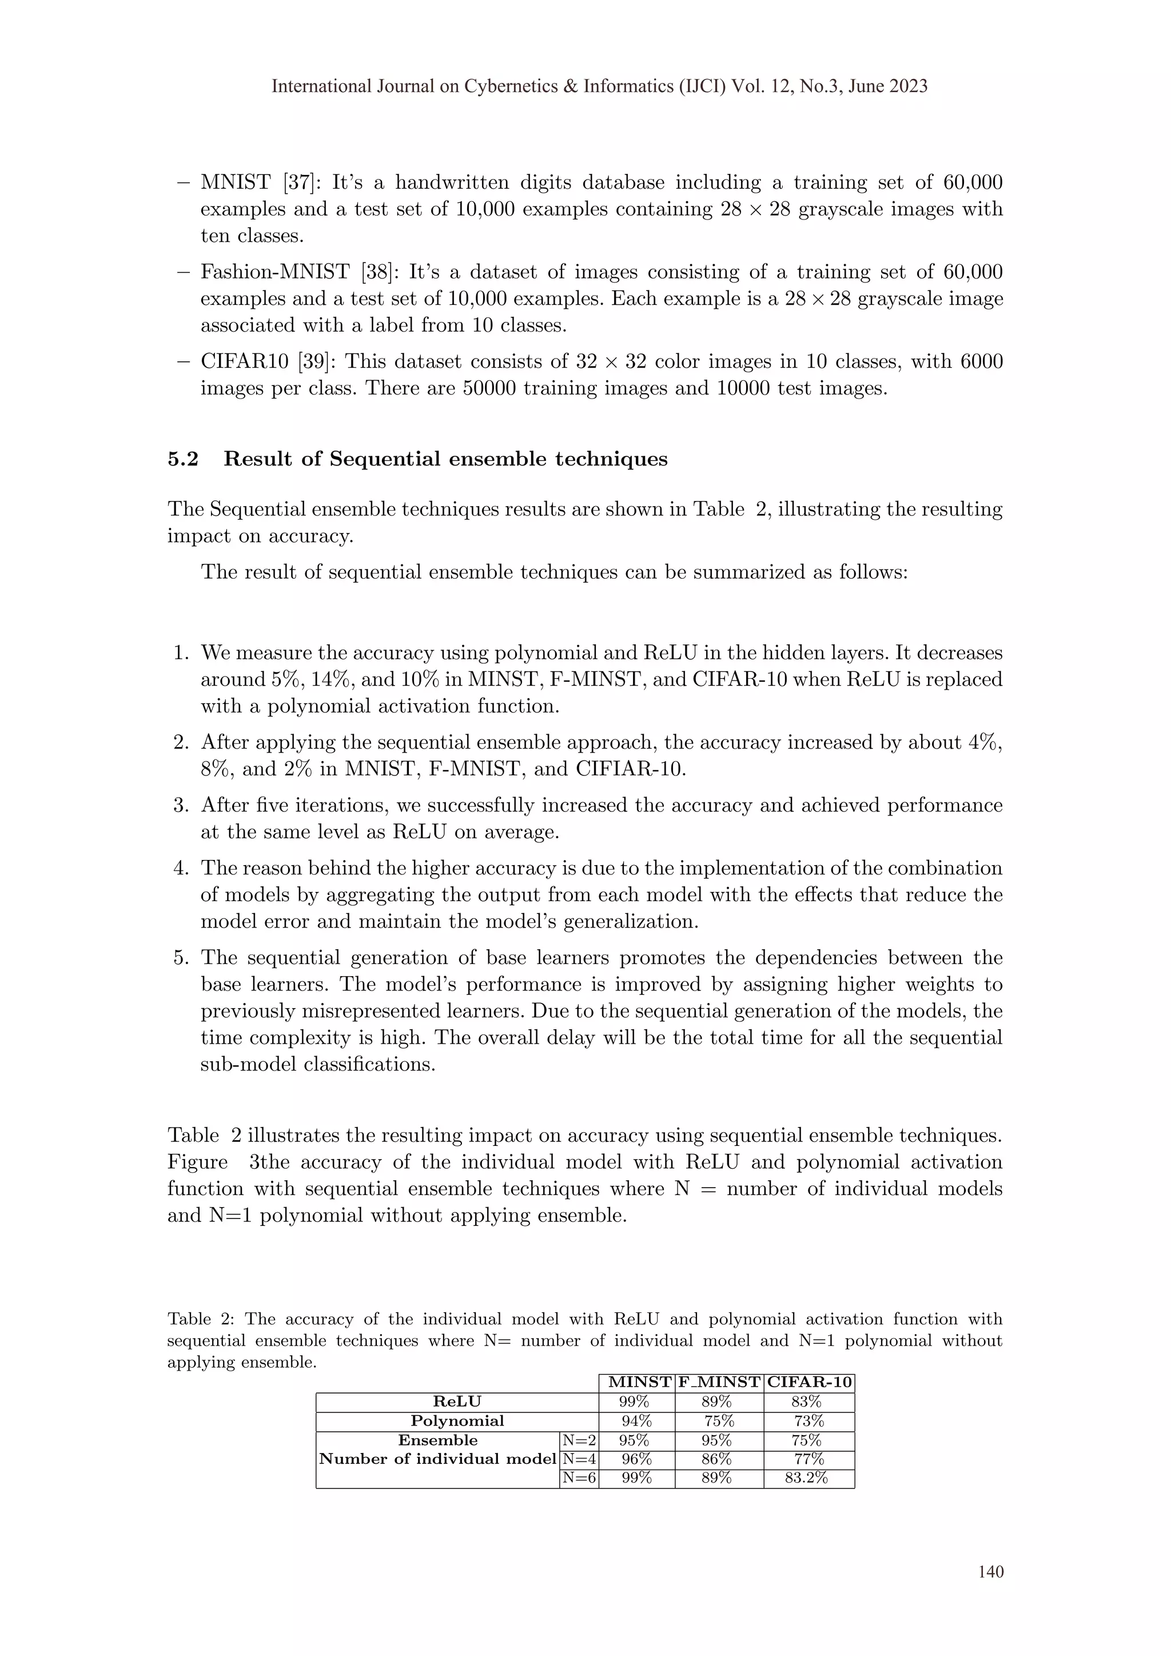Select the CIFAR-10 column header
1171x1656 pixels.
click(809, 1383)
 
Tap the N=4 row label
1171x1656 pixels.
click(579, 1459)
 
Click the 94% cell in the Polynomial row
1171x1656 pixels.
click(636, 1421)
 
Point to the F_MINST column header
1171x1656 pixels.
click(719, 1383)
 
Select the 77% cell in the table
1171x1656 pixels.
click(808, 1459)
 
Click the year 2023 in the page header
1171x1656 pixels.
click(907, 86)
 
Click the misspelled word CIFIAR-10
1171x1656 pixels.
click(630, 769)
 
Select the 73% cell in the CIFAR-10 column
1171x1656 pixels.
click(808, 1421)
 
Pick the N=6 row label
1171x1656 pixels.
click(579, 1478)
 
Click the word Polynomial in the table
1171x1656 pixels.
click(457, 1421)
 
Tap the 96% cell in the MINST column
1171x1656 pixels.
click(636, 1459)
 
